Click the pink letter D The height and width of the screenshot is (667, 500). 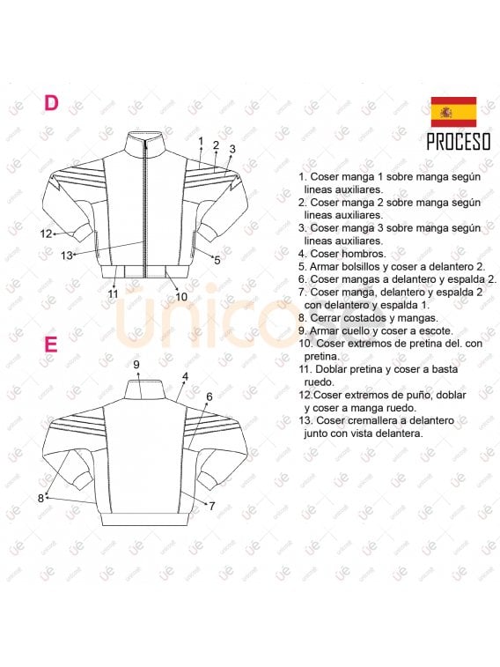(51, 103)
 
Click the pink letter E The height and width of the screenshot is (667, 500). (51, 343)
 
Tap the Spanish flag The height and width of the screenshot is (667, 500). (452, 112)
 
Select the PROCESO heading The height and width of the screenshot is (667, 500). (458, 142)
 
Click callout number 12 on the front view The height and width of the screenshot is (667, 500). (47, 233)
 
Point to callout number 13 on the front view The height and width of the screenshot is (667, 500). (67, 255)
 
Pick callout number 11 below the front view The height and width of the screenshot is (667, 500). (113, 293)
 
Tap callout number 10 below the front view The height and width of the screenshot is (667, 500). (180, 297)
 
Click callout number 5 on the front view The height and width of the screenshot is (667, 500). (217, 260)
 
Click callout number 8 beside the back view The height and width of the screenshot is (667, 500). (40, 498)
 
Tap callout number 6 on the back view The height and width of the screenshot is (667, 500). (209, 396)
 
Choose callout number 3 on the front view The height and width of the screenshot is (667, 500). (232, 149)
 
